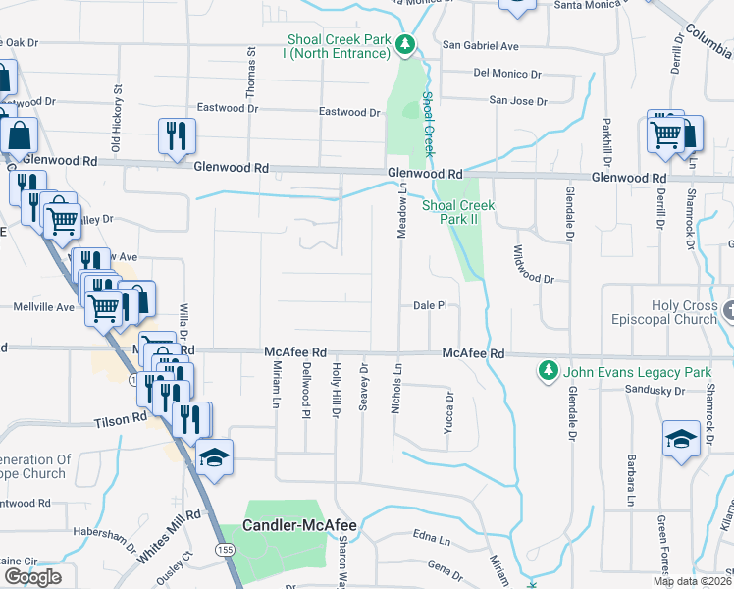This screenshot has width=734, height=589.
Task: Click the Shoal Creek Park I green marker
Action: pyautogui.click(x=404, y=44)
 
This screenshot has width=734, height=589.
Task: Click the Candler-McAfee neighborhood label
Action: pyautogui.click(x=299, y=525)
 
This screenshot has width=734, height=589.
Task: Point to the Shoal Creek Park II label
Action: pyautogui.click(x=458, y=212)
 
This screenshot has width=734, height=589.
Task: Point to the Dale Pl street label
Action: pyautogui.click(x=430, y=305)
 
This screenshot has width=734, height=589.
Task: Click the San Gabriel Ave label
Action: pyautogui.click(x=481, y=45)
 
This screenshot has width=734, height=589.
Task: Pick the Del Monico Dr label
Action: pyautogui.click(x=508, y=73)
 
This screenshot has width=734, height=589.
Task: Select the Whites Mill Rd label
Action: pyautogui.click(x=168, y=534)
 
